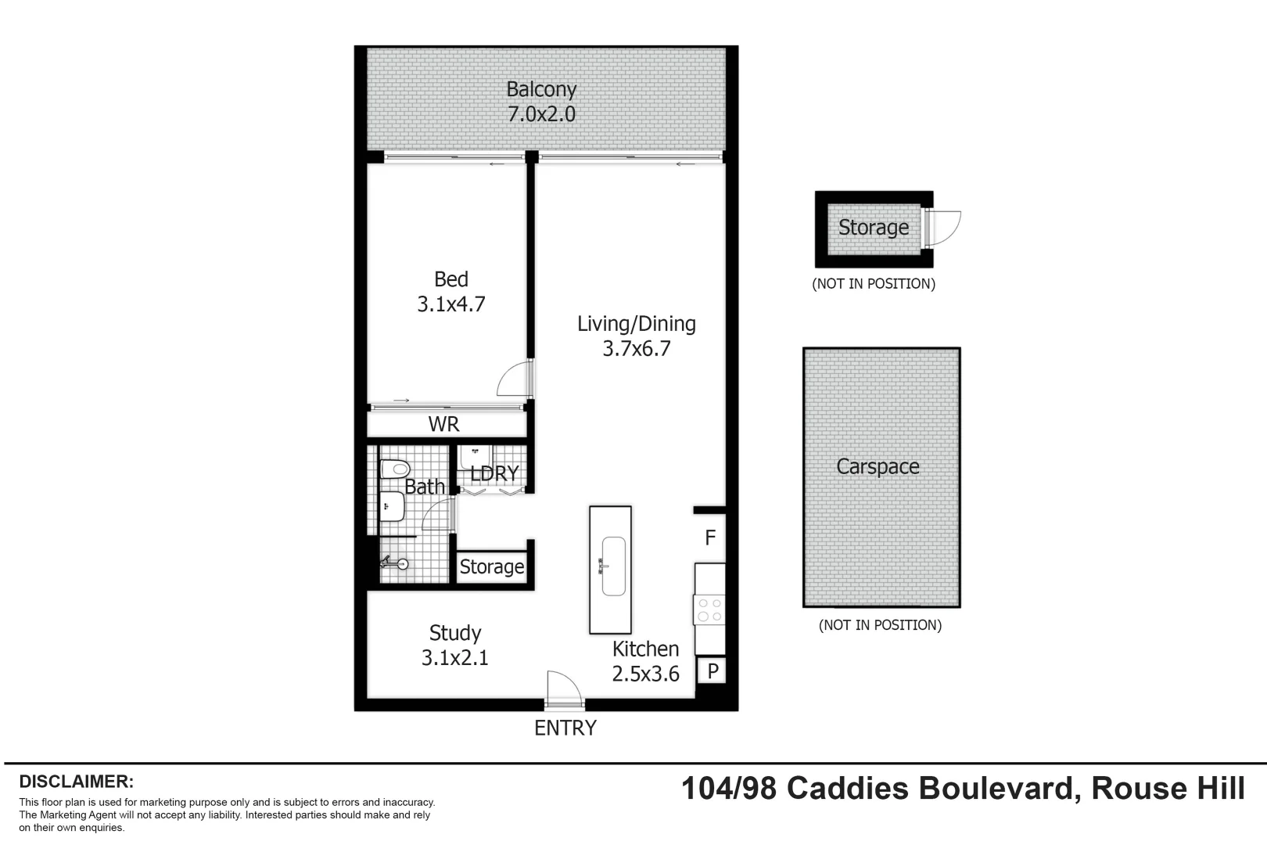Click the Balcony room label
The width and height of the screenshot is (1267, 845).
tap(541, 89)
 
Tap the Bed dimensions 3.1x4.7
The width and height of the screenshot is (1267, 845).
tap(451, 304)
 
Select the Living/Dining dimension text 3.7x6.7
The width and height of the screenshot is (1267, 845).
tap(637, 349)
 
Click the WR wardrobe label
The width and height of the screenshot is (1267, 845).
tap(443, 425)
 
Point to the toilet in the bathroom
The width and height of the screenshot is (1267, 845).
tap(395, 469)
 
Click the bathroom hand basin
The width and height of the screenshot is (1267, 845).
tap(391, 507)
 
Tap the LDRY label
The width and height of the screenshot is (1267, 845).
tap(494, 473)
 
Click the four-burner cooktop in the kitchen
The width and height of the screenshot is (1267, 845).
tap(709, 610)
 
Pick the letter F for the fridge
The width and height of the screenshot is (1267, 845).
tap(710, 538)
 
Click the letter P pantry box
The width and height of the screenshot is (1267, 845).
tap(712, 671)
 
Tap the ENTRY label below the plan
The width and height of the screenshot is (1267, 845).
tap(565, 728)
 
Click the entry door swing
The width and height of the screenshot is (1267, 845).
tap(563, 687)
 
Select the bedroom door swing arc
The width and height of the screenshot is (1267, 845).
tap(513, 379)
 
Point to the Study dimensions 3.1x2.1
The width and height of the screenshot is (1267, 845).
tap(455, 658)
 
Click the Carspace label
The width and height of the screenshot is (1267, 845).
tap(878, 467)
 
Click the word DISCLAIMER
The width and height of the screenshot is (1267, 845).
tap(77, 782)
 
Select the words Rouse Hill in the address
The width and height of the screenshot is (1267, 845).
tap(1168, 788)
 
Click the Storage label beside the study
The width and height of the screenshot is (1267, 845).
tap(491, 566)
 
